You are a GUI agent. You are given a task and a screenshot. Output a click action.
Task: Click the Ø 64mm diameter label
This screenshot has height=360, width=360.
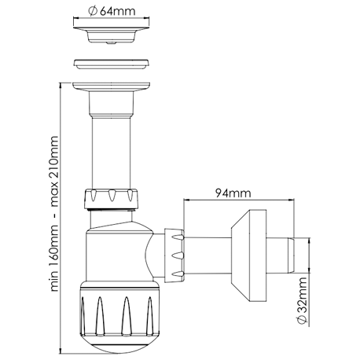[x=112, y=11]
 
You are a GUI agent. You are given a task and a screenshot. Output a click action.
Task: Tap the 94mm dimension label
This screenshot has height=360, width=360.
[x=233, y=193]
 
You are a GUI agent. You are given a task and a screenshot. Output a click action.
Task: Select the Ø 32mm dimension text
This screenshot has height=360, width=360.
[x=302, y=300]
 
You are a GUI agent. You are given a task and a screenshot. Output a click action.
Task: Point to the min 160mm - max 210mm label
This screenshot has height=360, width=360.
[x=54, y=214]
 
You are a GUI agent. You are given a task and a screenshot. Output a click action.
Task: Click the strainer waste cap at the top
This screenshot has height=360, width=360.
[x=112, y=31]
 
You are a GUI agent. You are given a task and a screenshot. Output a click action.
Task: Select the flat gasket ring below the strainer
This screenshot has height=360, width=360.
[x=112, y=64]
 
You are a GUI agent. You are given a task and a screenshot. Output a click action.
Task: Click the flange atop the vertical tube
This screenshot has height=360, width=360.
[x=112, y=87]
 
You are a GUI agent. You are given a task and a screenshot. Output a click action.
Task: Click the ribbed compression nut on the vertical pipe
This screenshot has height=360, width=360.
[x=111, y=199]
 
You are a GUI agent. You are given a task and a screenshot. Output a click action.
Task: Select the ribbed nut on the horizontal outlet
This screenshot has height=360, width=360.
[x=174, y=255]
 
